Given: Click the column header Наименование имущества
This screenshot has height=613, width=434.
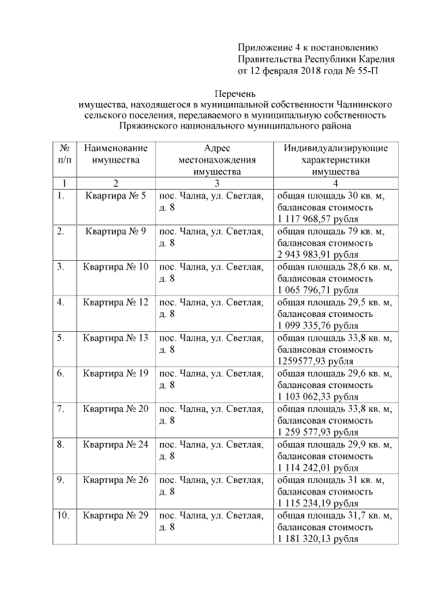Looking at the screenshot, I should pos(116,154).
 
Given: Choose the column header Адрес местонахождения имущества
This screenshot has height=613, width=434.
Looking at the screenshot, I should pos(216,159).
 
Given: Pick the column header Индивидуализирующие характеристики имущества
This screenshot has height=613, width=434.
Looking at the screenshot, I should pos(336,159).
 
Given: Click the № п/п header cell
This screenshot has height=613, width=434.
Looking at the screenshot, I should pos(64,154).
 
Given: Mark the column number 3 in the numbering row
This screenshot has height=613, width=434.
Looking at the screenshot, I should pos(216,183).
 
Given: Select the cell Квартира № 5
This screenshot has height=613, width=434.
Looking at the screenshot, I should pos(116,196).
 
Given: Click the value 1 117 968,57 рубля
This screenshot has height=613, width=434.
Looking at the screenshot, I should pos(318,219).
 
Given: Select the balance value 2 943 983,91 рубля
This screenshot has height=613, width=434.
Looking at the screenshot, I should pos(318,254).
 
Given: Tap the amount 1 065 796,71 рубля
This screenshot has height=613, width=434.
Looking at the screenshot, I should pos(318,289).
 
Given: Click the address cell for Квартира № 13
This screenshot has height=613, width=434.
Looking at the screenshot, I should pos(211,343).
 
